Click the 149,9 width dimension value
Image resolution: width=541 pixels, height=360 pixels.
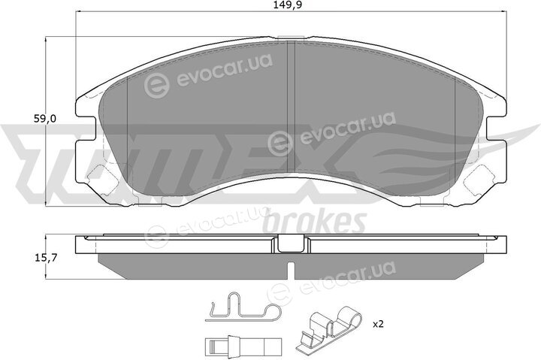click(285, 5)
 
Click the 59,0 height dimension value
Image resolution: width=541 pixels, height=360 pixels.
click(44, 119)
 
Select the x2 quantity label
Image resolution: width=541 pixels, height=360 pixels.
click(378, 324)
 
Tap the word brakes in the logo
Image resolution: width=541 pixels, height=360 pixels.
click(314, 222)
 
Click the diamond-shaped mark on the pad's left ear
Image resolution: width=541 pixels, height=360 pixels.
click(102, 180)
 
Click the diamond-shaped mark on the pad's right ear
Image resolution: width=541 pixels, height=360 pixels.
click(479, 180)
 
